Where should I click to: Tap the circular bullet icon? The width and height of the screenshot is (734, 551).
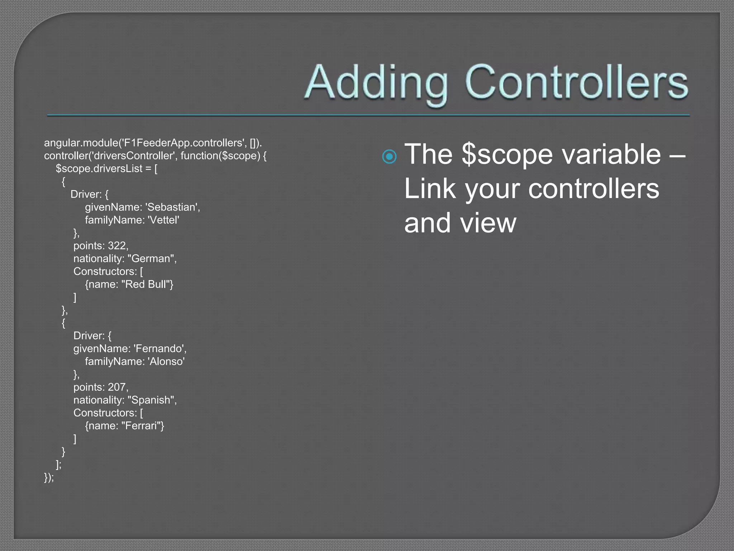[389, 156]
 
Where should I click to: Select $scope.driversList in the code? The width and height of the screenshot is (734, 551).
[99, 169]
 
